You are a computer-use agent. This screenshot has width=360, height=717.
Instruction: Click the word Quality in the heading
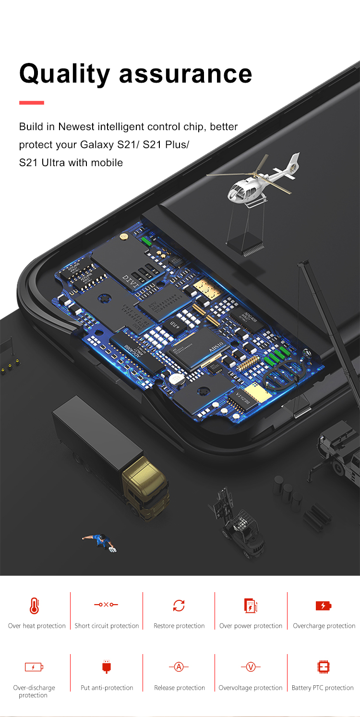point(65,74)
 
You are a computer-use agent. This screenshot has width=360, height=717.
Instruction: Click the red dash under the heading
point(32,103)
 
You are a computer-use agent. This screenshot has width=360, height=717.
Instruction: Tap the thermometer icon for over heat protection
point(34,606)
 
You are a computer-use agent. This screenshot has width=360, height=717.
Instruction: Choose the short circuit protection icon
point(106,604)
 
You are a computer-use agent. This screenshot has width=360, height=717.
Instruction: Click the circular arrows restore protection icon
point(179,606)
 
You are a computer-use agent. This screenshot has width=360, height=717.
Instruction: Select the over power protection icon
point(251,606)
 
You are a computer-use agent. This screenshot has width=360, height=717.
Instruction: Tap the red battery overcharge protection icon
point(324,606)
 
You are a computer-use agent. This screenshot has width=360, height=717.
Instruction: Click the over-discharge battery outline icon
point(34,667)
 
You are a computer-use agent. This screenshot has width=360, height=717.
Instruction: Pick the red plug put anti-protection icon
point(106,667)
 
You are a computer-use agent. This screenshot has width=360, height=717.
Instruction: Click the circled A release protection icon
point(179,667)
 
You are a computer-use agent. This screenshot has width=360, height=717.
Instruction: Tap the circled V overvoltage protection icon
point(251,667)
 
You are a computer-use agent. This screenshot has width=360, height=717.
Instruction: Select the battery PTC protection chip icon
point(324,667)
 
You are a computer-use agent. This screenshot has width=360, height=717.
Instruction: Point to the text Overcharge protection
point(324,626)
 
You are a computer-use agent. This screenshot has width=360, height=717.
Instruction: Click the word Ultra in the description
point(53,162)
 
